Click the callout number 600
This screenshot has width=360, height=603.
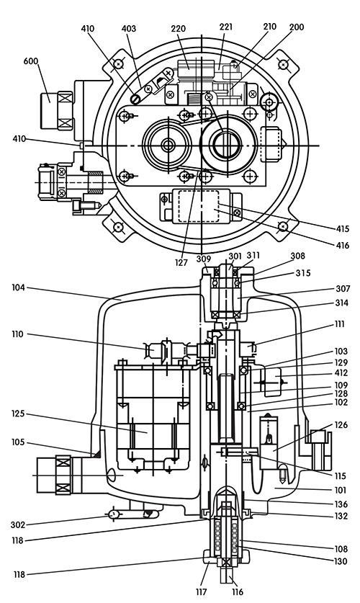tap(31, 61)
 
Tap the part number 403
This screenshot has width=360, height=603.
tap(129, 29)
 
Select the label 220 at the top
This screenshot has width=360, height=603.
tap(179, 29)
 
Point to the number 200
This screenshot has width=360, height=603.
tap(296, 27)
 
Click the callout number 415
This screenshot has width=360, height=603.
tap(342, 229)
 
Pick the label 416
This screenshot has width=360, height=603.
tap(342, 245)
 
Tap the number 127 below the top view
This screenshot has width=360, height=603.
tap(181, 262)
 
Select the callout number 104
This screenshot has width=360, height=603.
tap(18, 287)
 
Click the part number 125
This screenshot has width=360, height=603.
tap(18, 414)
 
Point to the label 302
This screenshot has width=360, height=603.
tap(18, 524)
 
